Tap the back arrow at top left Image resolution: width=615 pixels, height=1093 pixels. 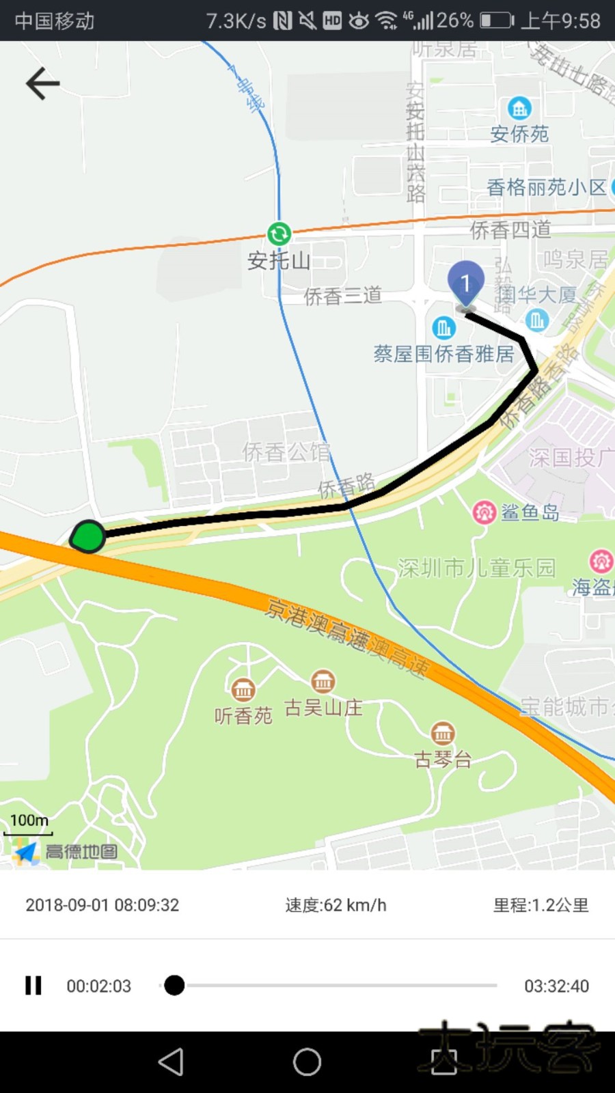tap(42, 83)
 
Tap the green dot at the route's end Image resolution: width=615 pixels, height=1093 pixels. tap(88, 536)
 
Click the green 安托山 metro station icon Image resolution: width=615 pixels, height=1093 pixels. tap(279, 234)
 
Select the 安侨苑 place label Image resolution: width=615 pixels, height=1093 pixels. tap(519, 133)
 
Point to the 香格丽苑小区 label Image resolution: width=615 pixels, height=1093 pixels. tap(546, 187)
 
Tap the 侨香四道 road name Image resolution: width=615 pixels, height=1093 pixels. tap(510, 230)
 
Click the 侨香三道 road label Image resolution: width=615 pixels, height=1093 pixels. tap(342, 295)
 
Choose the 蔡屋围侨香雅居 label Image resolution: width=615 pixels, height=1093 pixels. tap(443, 353)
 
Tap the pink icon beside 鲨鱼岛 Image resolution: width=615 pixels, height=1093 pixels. tap(484, 512)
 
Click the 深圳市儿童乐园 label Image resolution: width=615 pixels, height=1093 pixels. tap(476, 568)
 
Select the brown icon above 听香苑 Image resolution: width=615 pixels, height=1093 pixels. tap(243, 690)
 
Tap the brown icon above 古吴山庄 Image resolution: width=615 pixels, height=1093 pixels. tap(323, 681)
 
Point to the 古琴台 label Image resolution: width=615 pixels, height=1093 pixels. tap(443, 759)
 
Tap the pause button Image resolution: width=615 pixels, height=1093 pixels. tap(33, 985)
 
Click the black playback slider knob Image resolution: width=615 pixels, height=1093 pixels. tap(174, 985)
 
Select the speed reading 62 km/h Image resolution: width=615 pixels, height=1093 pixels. tap(336, 905)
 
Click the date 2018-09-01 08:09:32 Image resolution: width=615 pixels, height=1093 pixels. tap(102, 905)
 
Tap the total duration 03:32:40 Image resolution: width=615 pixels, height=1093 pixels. tap(556, 986)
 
